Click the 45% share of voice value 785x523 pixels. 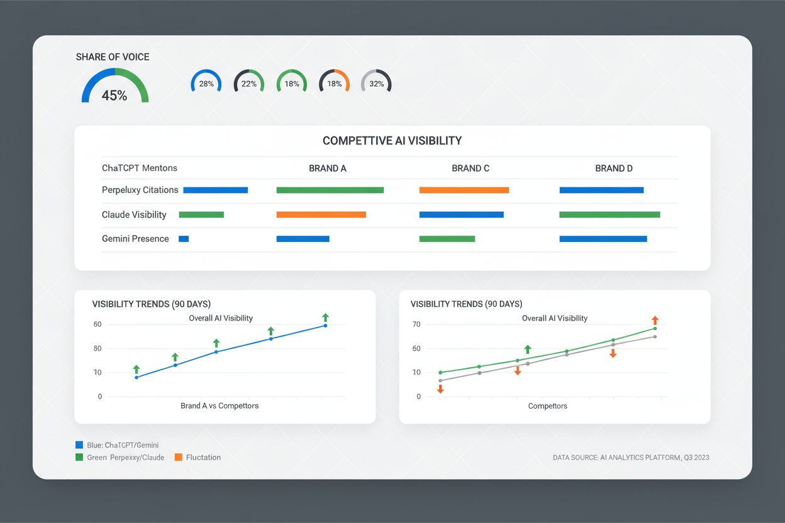coord(114,96)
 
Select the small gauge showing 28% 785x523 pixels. coord(206,84)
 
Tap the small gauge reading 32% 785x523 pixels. coord(377,84)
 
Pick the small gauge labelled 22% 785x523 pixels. coord(249,84)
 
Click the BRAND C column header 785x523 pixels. coord(470,168)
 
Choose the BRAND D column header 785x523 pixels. coord(614,168)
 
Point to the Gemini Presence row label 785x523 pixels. coord(135,239)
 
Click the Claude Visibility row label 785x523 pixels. coord(134,215)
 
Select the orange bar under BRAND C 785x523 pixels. coord(464,190)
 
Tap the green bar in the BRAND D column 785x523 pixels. coord(610,214)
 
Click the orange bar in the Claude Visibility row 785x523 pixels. coord(321,214)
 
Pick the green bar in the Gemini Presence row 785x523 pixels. coord(447,239)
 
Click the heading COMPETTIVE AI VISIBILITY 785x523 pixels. coord(392,141)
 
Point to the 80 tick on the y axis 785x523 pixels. coord(97,348)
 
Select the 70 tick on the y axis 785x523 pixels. coord(416,324)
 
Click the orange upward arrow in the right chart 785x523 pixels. coord(655,321)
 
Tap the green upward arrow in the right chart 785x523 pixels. coord(528,349)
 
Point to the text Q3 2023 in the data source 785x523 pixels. coord(696,458)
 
